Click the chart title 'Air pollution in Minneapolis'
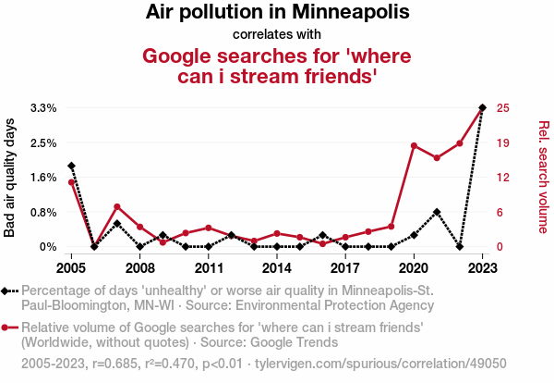pos(277,14)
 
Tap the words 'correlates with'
pos(277,35)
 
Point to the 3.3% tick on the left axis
pos(43,108)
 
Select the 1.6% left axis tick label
pos(43,178)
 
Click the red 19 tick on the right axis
pos(503,143)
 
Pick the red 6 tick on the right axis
pos(500,212)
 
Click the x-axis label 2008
pos(139,268)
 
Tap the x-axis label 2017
pos(345,268)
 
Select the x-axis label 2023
pos(482,268)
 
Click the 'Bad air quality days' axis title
pos(10,178)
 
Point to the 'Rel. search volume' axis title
pos(543,178)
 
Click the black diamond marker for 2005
pos(71,166)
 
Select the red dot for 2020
pos(414,145)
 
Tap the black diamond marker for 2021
pos(437,212)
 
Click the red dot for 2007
pos(117,206)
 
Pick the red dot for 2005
pos(71,182)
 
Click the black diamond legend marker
pos(9,291)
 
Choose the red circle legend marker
pos(9,327)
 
